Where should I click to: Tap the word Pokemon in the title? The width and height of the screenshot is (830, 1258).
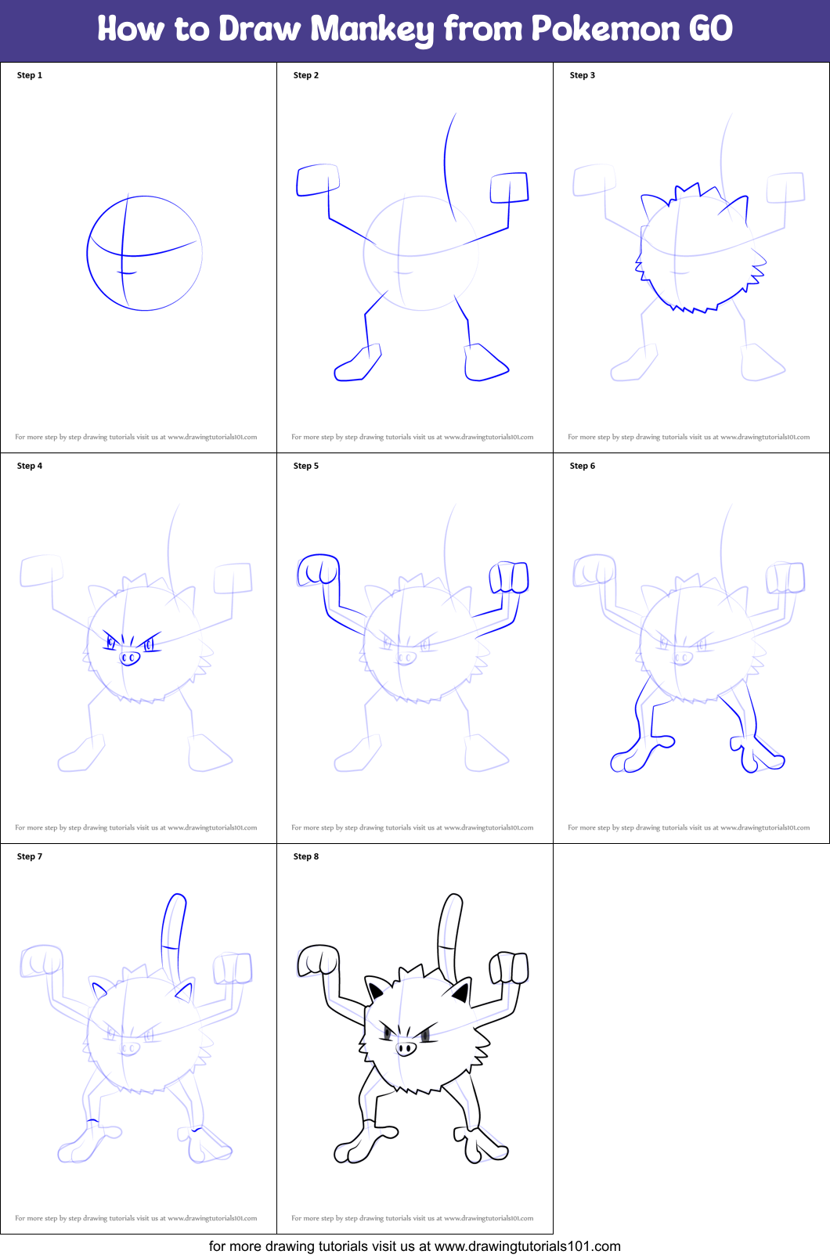(605, 30)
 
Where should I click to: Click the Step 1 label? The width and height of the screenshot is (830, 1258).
(30, 75)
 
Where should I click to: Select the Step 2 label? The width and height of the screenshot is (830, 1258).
(306, 75)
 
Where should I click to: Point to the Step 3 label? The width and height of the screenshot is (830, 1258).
(583, 75)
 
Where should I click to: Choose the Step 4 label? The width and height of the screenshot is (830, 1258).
(30, 466)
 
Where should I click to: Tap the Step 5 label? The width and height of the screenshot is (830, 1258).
(306, 466)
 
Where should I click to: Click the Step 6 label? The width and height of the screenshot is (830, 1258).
(583, 466)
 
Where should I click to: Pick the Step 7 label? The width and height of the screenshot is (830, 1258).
(30, 856)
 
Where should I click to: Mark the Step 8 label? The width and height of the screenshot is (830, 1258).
(306, 856)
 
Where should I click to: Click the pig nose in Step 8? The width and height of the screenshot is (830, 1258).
(406, 1048)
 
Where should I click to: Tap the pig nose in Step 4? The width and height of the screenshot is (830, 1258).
(129, 658)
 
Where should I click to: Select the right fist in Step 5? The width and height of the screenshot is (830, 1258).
(509, 577)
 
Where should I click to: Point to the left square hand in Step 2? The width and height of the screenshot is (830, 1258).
(317, 180)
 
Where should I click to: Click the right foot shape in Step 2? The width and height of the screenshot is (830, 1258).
(485, 363)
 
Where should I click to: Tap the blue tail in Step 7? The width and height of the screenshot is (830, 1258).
(173, 932)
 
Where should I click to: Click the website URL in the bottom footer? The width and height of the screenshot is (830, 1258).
(527, 1246)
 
